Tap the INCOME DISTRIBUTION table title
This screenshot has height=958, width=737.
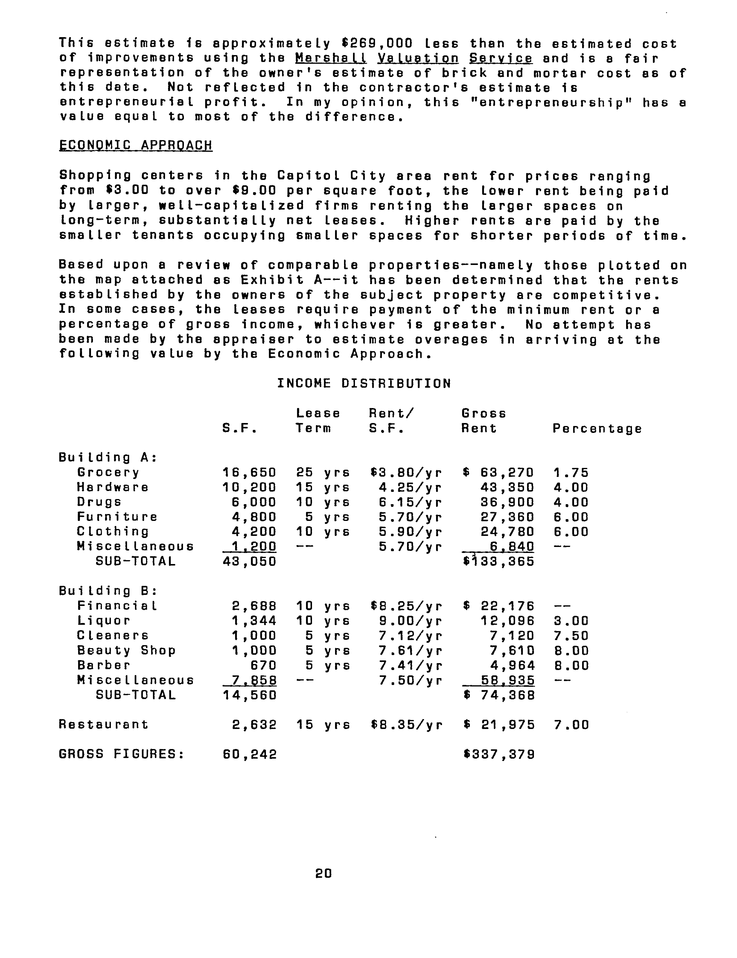click(x=364, y=384)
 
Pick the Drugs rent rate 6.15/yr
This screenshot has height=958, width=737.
click(x=410, y=502)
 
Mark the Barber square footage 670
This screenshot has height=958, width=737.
click(x=263, y=665)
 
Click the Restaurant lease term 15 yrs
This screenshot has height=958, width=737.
click(x=323, y=725)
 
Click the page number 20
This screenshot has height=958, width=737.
click(x=324, y=873)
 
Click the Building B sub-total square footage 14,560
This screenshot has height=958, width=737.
click(x=249, y=695)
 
